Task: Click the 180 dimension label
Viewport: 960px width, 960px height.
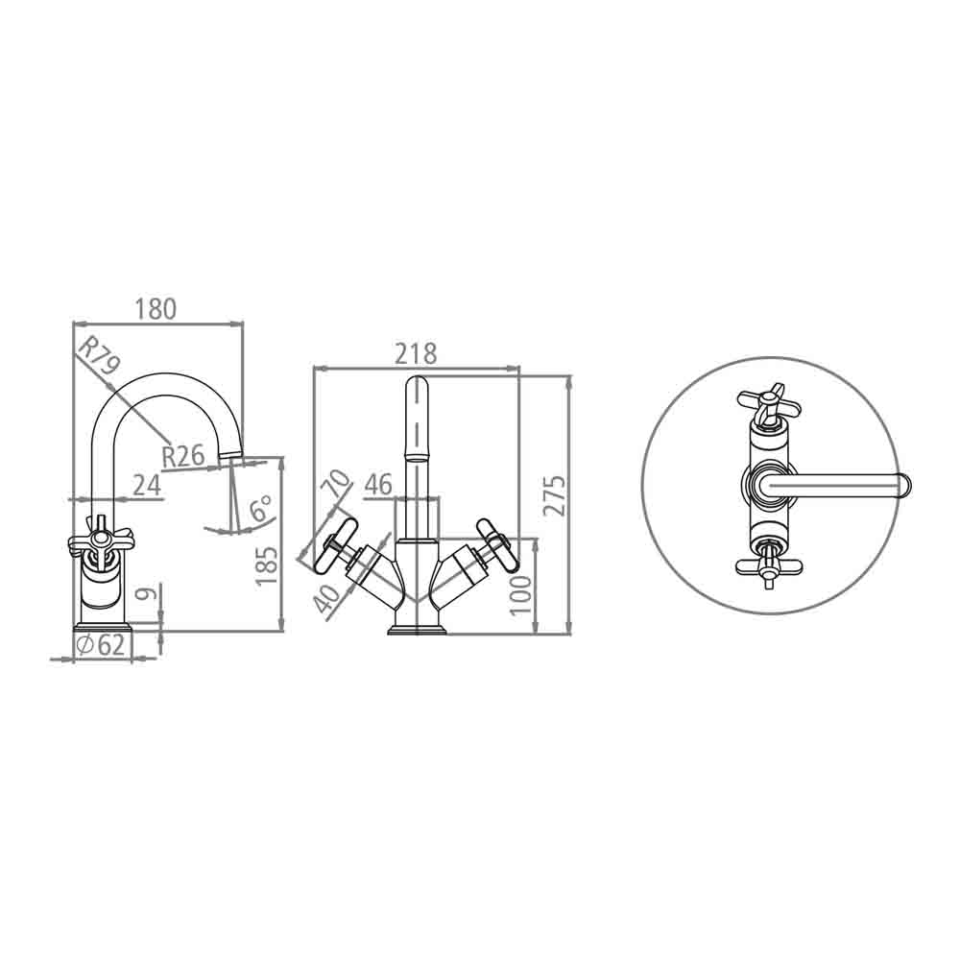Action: (156, 309)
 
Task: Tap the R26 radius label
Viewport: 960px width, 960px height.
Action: (182, 455)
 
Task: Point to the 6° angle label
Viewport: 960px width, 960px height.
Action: (261, 509)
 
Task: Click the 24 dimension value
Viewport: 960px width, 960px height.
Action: (146, 485)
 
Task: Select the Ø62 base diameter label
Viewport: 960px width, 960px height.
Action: (101, 645)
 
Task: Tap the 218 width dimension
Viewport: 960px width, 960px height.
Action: (417, 353)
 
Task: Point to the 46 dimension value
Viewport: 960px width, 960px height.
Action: (378, 485)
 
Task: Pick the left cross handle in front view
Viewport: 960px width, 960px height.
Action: (332, 547)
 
